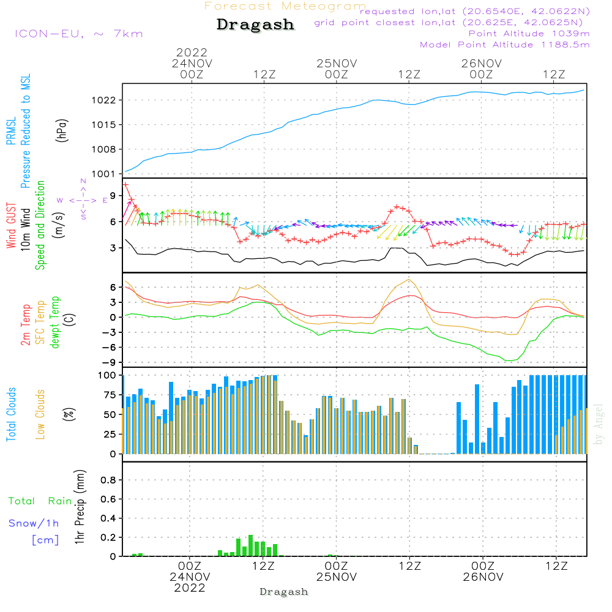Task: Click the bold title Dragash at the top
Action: [255, 25]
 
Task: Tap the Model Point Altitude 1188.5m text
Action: [505, 45]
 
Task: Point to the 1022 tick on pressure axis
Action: [103, 100]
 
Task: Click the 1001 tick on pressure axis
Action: [103, 174]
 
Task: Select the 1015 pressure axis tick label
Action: [103, 125]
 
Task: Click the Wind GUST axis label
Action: [11, 226]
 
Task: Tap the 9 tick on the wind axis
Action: [113, 196]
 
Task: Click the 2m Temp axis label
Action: [25, 325]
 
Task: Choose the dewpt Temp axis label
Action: [54, 322]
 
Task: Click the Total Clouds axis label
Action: [11, 414]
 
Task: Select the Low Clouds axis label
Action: [40, 414]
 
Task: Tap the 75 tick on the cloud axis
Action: [110, 395]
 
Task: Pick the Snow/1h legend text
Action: [34, 523]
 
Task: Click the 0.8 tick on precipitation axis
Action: [108, 480]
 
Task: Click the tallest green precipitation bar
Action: [250, 546]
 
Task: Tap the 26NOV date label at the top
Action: [481, 64]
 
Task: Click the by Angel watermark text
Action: [598, 424]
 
